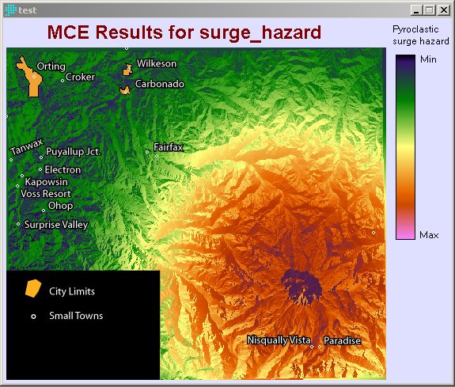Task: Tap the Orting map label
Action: point(51,66)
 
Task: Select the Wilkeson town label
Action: point(157,63)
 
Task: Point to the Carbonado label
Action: point(159,83)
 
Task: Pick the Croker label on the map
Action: point(80,77)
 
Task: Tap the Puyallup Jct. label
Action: point(73,151)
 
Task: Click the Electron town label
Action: point(63,170)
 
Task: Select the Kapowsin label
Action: point(44,182)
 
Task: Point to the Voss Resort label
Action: point(45,194)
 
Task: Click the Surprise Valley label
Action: point(55,225)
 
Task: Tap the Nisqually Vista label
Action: point(279,340)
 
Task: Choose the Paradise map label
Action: point(342,341)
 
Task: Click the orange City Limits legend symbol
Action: point(32,289)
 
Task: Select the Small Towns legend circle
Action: point(33,317)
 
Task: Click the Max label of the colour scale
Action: point(429,235)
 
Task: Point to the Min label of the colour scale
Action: point(428,59)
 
